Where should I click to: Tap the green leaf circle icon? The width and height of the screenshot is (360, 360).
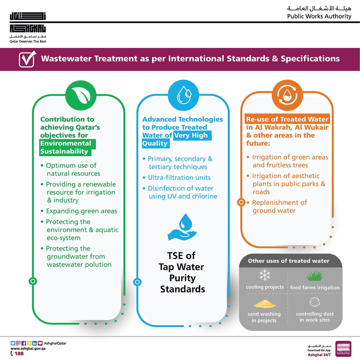coord(80,95)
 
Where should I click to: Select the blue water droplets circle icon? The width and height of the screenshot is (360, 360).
coord(183,95)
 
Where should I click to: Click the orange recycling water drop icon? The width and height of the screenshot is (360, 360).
coord(287,95)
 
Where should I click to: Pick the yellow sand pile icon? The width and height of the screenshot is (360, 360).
coord(264,304)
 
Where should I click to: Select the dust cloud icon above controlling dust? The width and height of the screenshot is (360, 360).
coord(315,302)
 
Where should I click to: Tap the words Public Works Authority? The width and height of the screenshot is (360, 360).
coord(319,16)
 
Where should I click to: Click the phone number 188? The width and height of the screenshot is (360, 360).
coord(19,353)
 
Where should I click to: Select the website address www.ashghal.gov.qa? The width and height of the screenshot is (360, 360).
coord(28,349)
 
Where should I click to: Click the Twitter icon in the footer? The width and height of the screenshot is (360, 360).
coord(13,343)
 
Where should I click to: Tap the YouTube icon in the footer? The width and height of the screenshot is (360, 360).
coord(40,343)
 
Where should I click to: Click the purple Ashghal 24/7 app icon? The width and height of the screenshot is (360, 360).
coord(343,349)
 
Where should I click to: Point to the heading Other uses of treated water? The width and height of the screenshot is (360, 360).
coord(289,261)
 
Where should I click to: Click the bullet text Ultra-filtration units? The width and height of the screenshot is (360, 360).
coord(179,178)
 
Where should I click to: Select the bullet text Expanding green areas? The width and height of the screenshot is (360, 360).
coord(81,211)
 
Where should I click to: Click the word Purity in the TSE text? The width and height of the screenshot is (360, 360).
coord(182,278)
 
